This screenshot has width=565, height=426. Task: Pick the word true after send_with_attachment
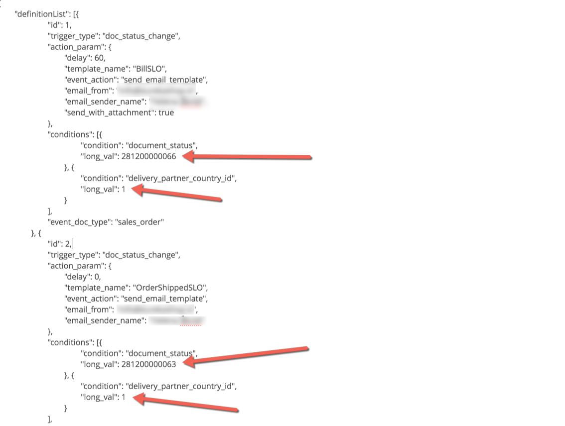pyautogui.click(x=166, y=112)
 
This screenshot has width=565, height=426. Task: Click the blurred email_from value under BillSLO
pyautogui.click(x=156, y=91)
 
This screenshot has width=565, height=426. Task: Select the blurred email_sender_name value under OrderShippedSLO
pyautogui.click(x=176, y=320)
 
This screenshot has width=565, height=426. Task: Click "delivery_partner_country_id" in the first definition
pyautogui.click(x=181, y=178)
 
